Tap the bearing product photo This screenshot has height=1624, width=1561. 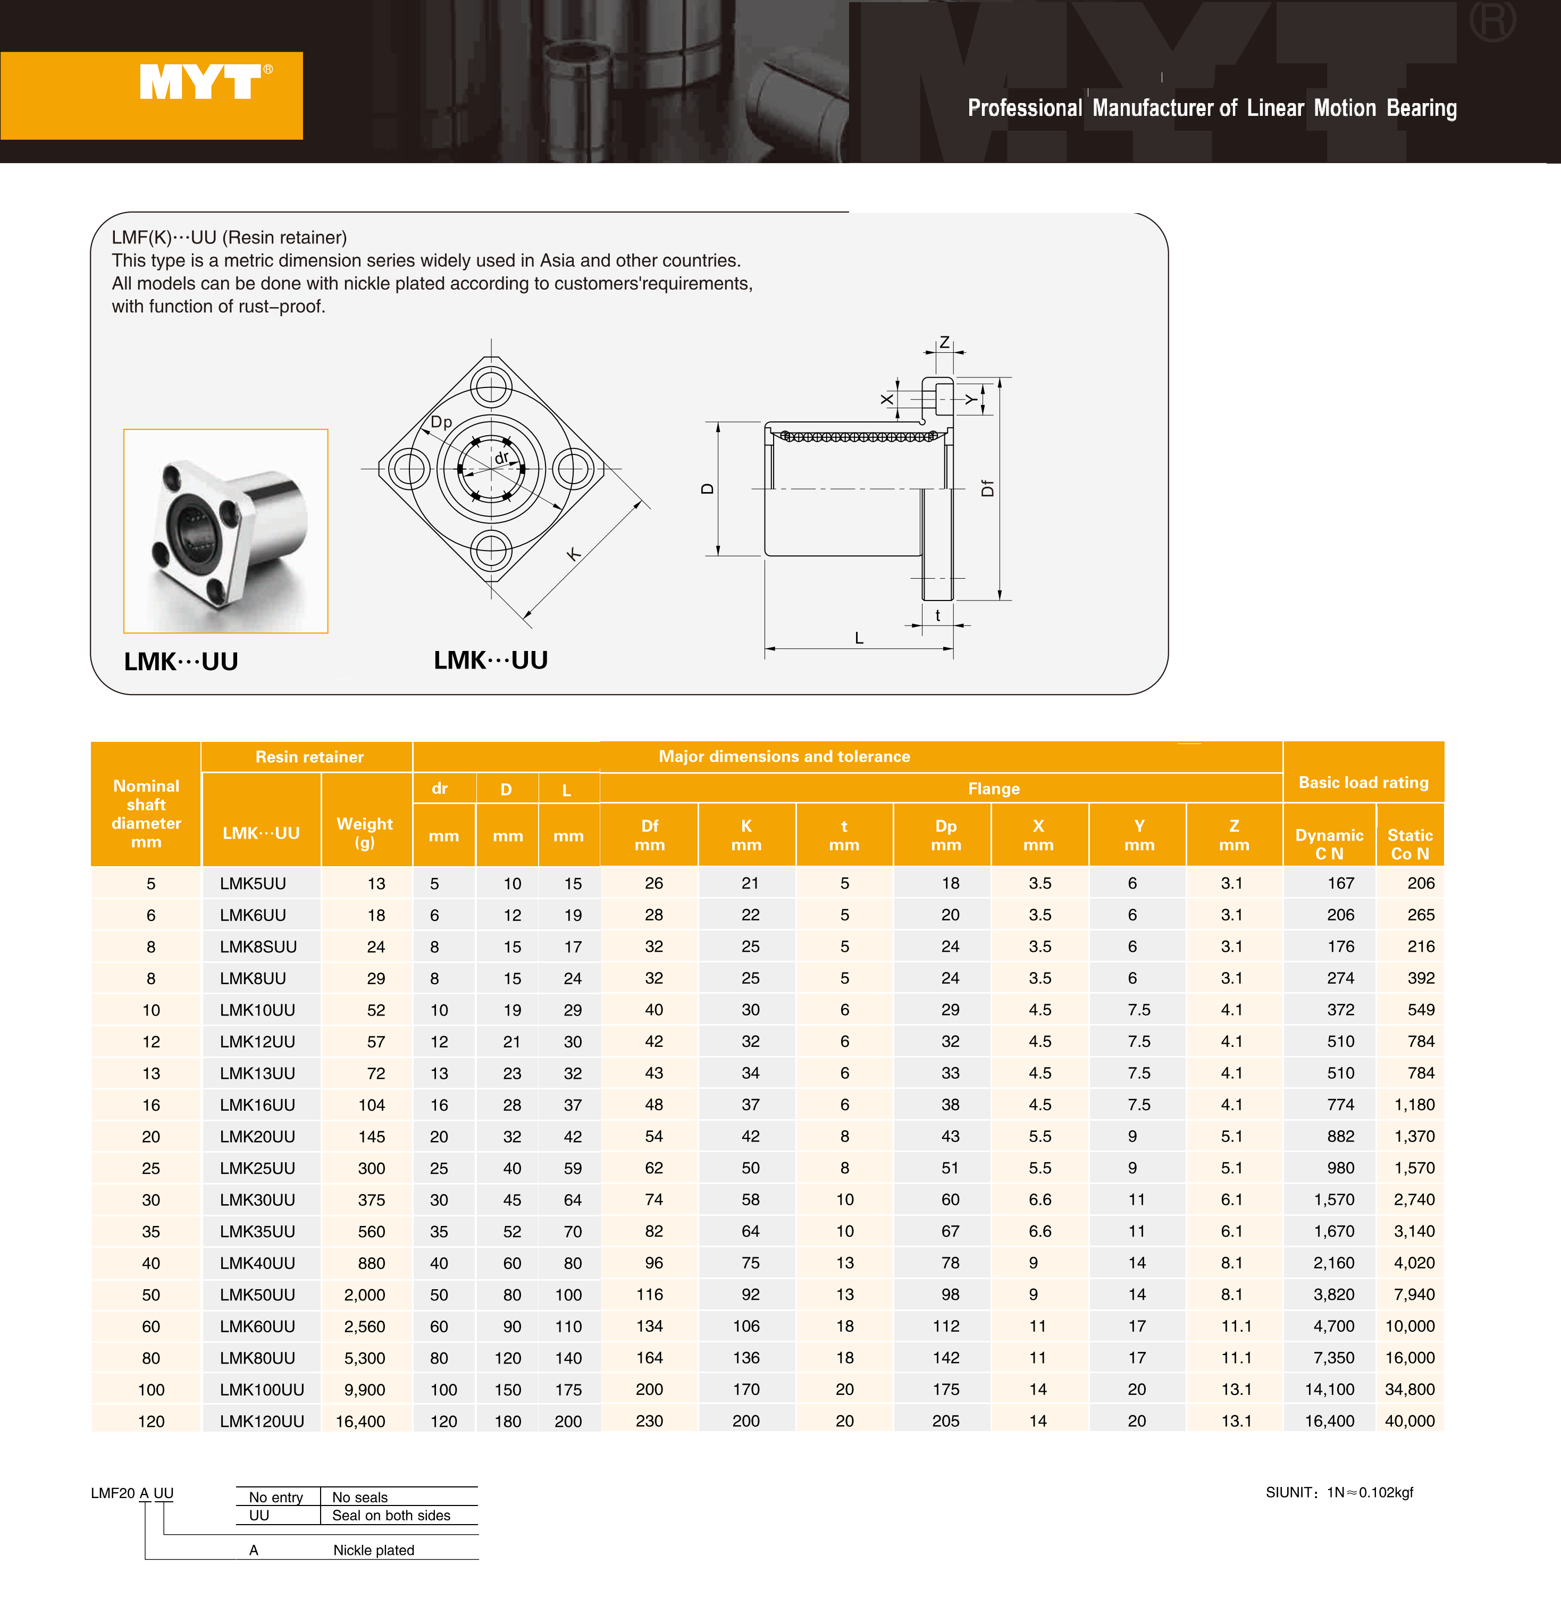[x=225, y=531]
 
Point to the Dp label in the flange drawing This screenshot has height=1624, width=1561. [x=441, y=422]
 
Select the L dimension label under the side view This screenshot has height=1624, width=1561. [x=859, y=639]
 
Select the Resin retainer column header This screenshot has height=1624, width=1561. [x=309, y=757]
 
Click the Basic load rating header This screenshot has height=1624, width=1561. [x=1363, y=782]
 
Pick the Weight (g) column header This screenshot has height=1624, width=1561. [x=365, y=833]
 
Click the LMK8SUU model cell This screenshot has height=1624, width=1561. [x=258, y=947]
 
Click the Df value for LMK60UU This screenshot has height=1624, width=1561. [x=649, y=1326]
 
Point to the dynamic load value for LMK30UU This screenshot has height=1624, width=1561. [x=1334, y=1200]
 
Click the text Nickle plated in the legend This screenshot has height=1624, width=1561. [x=373, y=1550]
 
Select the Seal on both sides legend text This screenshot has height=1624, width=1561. [x=391, y=1516]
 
